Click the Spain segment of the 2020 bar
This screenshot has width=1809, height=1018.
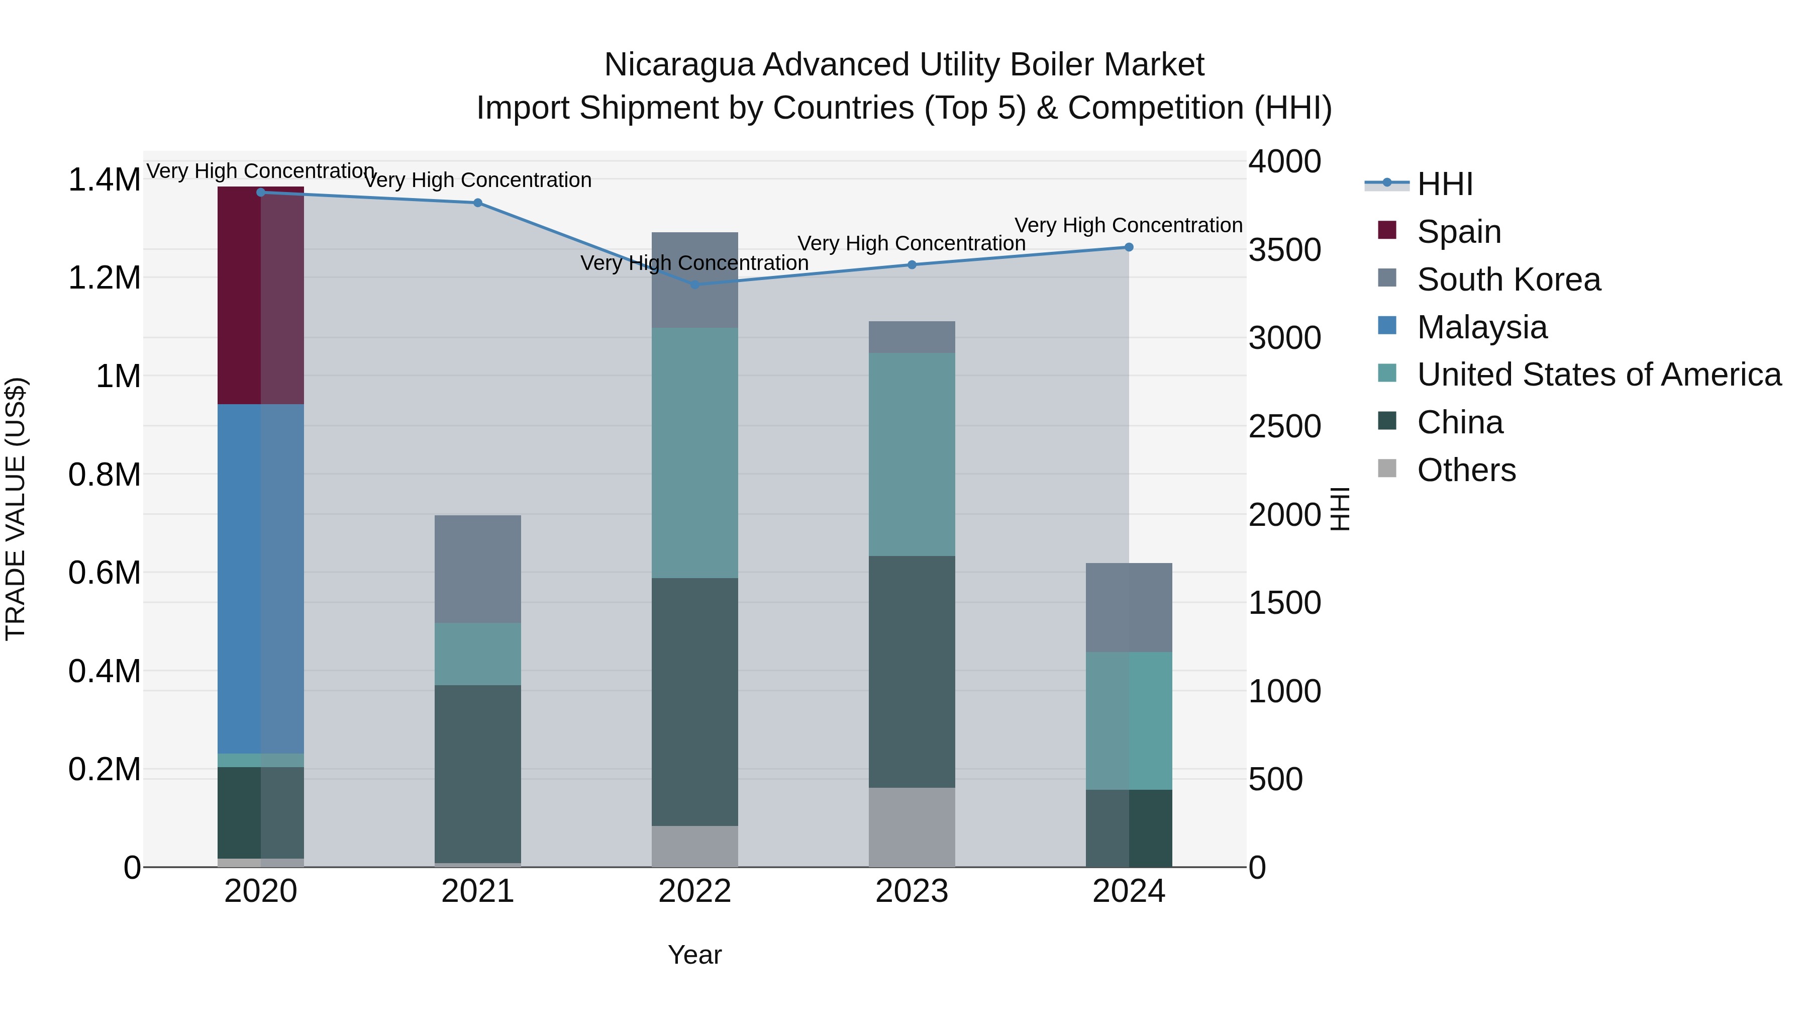point(260,295)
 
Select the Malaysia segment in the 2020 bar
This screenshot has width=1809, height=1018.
point(260,578)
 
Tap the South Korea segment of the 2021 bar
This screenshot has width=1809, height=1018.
point(477,569)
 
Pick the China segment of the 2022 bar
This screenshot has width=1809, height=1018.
point(694,701)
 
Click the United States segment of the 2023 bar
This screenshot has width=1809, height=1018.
point(912,454)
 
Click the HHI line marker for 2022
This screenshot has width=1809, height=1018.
point(694,285)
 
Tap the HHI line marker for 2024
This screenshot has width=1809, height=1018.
point(1129,247)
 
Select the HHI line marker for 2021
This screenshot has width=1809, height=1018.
point(477,203)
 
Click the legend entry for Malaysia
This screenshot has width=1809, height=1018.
point(1482,327)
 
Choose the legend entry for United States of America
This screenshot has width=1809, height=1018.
point(1598,375)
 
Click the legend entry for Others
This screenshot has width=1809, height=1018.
point(1466,470)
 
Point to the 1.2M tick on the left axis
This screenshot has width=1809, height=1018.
point(104,278)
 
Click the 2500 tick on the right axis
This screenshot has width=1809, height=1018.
point(1284,426)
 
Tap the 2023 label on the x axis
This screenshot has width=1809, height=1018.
point(912,891)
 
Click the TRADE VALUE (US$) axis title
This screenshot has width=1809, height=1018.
point(16,509)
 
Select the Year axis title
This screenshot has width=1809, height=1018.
point(694,955)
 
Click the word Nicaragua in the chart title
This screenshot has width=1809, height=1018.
point(678,65)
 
